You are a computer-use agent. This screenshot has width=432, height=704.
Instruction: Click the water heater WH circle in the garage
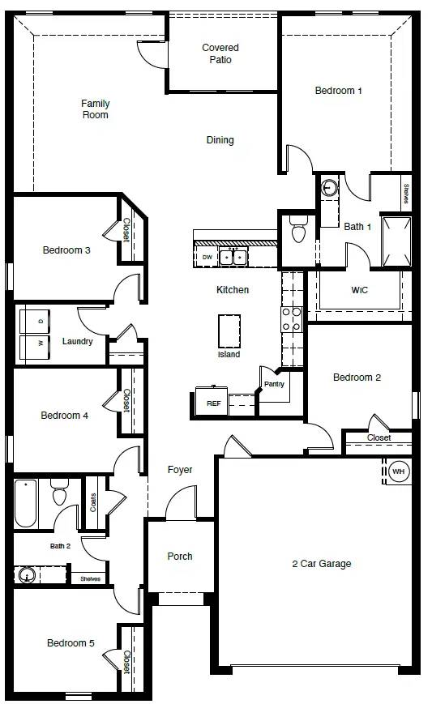(398, 471)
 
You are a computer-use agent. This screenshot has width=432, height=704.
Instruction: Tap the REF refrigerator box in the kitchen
(212, 401)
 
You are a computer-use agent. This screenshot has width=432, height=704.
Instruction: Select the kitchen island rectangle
(229, 331)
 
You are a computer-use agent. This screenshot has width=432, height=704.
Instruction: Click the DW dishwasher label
(207, 258)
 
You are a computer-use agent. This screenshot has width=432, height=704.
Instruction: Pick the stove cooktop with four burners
(292, 319)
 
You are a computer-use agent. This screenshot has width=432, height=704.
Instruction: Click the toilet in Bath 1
(298, 229)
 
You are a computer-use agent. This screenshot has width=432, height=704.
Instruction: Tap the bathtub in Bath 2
(26, 504)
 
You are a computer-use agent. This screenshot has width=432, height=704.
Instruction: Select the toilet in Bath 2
(60, 492)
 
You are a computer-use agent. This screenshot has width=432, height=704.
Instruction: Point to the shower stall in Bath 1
(396, 241)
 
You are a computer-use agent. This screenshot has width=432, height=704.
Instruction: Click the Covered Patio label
(220, 53)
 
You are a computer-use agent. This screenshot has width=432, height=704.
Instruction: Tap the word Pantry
(275, 384)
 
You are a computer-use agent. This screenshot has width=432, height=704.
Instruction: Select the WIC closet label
(359, 290)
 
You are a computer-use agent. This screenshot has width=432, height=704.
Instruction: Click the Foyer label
(180, 470)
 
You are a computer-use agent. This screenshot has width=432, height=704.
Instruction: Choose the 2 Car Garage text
(322, 564)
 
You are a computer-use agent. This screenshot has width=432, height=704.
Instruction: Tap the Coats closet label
(93, 502)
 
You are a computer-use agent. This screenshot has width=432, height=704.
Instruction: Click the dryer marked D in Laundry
(35, 322)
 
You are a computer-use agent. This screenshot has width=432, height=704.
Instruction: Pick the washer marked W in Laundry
(35, 347)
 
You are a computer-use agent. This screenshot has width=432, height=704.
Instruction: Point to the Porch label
(180, 557)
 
